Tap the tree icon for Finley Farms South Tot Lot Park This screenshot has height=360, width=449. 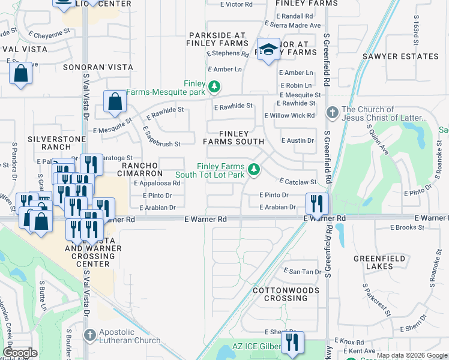pyautogui.click(x=254, y=170)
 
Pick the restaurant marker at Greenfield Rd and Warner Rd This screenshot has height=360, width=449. pyautogui.click(x=317, y=203)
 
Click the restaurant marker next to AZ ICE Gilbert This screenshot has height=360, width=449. pyautogui.click(x=292, y=342)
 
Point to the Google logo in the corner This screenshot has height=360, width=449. pyautogui.click(x=20, y=353)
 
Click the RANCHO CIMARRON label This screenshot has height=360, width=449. pyautogui.click(x=142, y=169)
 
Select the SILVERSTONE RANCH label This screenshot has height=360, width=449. pyautogui.click(x=49, y=143)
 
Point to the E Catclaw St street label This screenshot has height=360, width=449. pyautogui.click(x=298, y=181)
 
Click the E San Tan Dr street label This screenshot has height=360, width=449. pyautogui.click(x=303, y=272)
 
